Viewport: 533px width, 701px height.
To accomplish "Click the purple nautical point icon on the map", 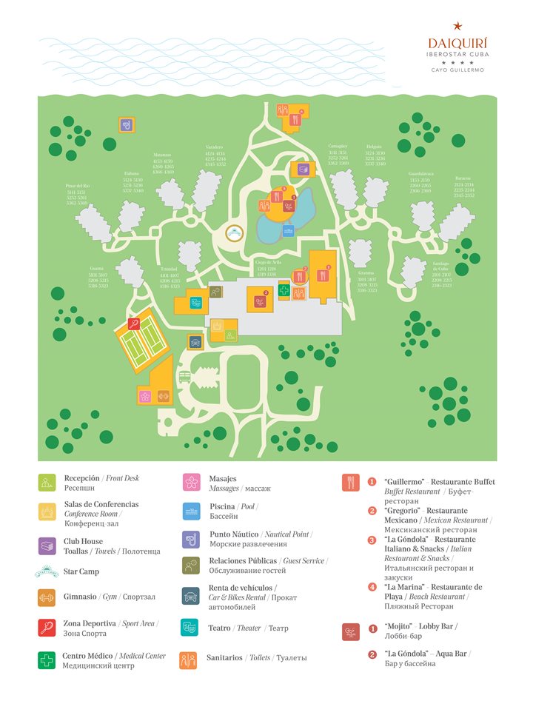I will (x=127, y=124).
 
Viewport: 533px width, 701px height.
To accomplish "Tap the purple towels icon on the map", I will (x=304, y=170).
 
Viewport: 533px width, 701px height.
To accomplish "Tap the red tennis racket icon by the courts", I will (x=134, y=323).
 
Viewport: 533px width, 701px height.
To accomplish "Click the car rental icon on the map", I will (x=195, y=341).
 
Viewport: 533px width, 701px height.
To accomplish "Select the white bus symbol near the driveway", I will (x=185, y=377).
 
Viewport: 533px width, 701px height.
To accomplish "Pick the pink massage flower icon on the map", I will (x=145, y=396).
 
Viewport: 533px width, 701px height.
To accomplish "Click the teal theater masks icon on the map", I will (x=196, y=302).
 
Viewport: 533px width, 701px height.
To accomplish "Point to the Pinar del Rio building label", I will (x=77, y=186).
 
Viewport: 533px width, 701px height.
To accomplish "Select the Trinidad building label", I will (x=170, y=269).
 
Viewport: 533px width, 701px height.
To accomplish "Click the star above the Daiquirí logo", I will (x=457, y=27).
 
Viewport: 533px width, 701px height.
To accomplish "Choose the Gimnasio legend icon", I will (x=47, y=597).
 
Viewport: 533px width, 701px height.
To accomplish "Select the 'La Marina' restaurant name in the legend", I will (x=404, y=586).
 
